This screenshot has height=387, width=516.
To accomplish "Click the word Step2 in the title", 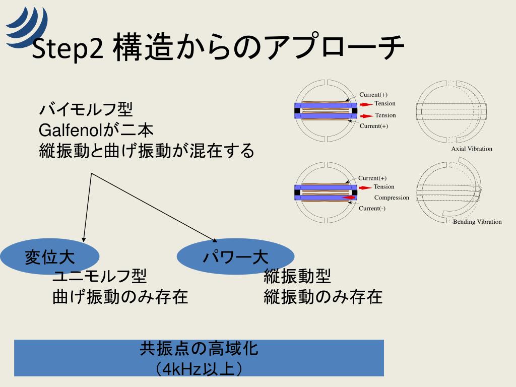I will point(68,49).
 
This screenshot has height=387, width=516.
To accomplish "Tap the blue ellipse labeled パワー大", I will point(235,257).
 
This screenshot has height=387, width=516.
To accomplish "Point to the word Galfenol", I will point(71,131).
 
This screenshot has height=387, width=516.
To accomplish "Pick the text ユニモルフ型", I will point(100,276).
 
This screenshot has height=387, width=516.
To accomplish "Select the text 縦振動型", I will point(297,276).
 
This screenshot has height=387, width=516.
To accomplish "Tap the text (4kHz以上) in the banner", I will point(199,368).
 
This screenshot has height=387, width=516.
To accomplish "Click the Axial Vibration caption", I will point(471,149).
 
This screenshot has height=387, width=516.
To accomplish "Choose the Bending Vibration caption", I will point(477,222).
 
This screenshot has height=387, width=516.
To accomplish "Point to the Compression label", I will point(392,198).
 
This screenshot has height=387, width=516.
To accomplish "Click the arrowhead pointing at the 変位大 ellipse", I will point(83,239).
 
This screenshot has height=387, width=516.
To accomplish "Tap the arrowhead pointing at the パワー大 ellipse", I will point(214,239).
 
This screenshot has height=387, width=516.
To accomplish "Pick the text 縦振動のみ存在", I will point(323,297).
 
